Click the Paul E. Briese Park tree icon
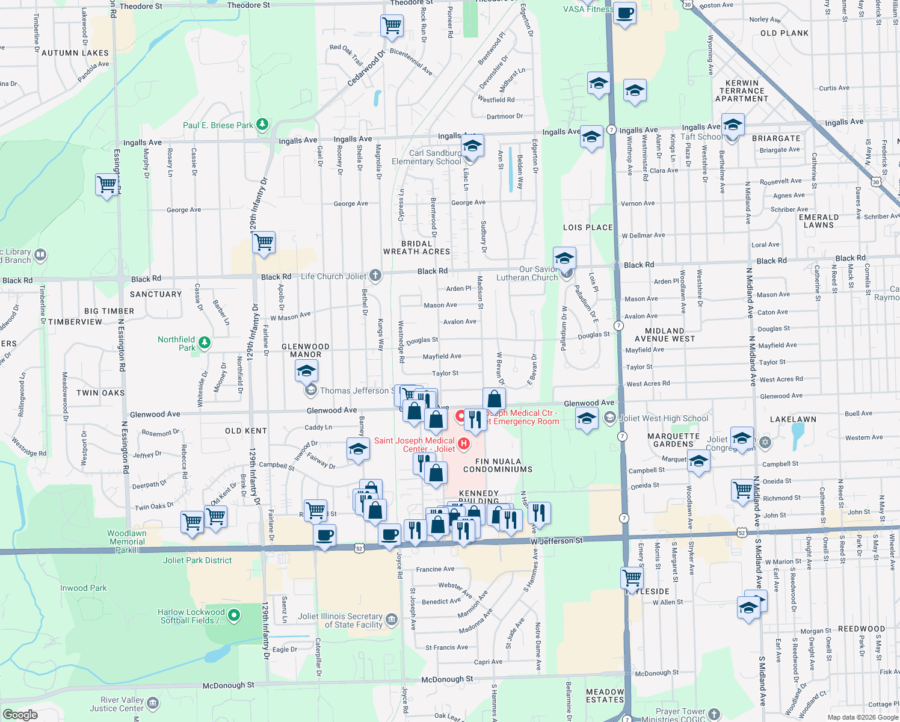262,125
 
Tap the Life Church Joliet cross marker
375,276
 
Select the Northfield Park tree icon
205,343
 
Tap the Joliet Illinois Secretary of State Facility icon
392,620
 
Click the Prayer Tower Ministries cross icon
714,714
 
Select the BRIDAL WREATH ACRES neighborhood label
417,248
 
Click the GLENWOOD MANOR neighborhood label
306,351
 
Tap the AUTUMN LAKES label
75,53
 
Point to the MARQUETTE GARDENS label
673,440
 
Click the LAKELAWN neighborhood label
793,419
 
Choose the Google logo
20,714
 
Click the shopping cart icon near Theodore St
392,26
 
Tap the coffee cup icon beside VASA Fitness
625,13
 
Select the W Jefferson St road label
556,541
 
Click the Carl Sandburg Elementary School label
426,157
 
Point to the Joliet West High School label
664,418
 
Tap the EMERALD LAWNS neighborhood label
819,221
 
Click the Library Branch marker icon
40,255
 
